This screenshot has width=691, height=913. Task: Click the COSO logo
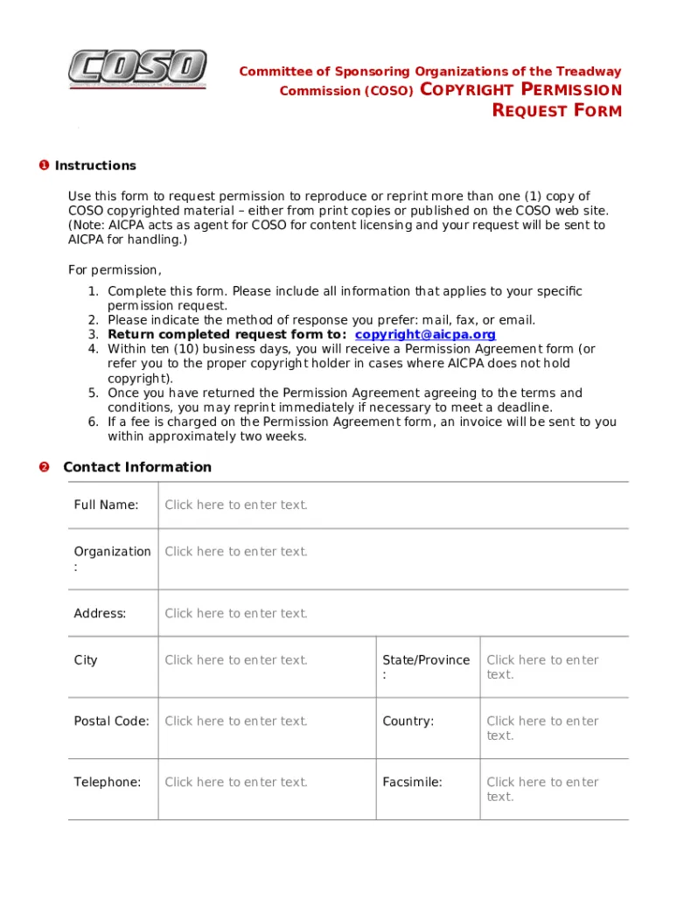point(137,69)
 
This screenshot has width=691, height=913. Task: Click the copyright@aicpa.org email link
point(425,334)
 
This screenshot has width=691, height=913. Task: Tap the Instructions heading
point(95,165)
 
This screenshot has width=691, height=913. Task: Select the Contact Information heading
point(137,467)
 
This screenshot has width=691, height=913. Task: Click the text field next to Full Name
point(236,505)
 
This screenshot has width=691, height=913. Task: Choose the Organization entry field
point(236,552)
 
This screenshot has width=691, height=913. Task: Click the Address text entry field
point(236,613)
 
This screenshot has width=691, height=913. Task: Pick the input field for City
point(236,660)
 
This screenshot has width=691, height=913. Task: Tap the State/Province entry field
point(542,667)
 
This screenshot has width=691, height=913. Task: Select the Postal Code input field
point(236,721)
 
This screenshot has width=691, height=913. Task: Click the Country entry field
point(542,728)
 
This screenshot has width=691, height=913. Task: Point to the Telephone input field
point(236,783)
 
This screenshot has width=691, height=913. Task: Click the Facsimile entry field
point(542,790)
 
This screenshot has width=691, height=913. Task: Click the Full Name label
point(106,505)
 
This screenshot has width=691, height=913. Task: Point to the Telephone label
point(107,783)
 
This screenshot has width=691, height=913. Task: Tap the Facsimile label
point(412,783)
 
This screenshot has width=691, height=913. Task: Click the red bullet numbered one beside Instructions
point(44,165)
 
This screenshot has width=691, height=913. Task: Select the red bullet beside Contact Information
point(44,467)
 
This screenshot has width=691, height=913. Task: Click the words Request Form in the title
point(557,111)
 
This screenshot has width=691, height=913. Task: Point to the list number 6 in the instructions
point(93,422)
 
